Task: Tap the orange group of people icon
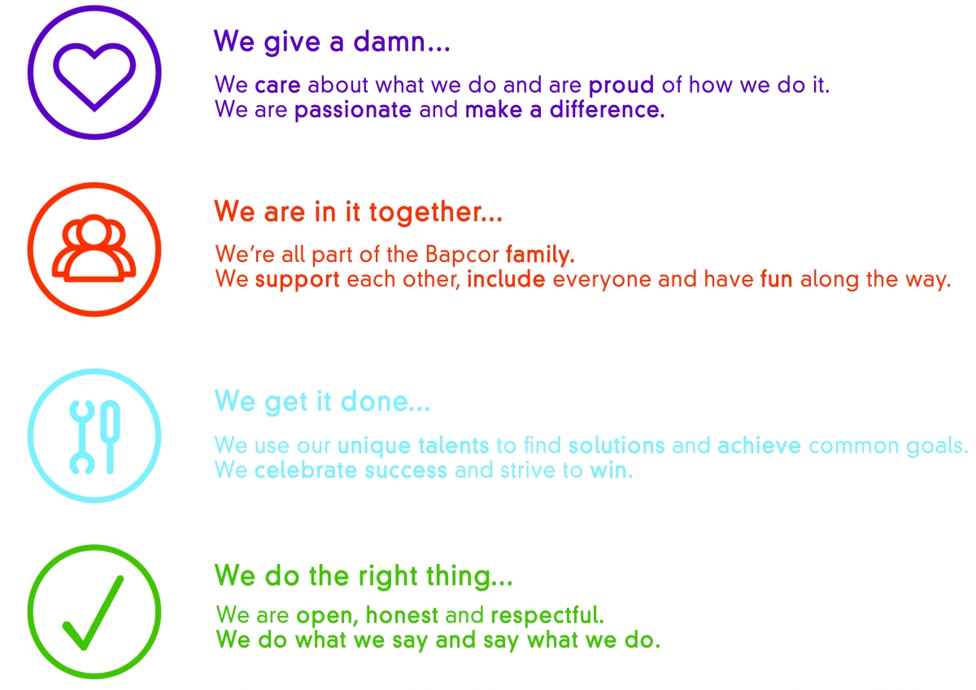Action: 94,249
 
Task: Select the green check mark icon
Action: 94,612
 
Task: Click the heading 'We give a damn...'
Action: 332,41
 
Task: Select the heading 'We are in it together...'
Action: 358,212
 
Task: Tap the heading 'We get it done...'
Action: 322,401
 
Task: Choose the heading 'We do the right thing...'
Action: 364,576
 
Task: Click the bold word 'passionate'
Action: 353,111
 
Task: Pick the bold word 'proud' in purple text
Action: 622,85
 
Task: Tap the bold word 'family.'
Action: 540,255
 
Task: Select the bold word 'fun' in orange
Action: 777,281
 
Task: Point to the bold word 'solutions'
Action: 617,446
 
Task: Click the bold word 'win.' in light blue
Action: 611,471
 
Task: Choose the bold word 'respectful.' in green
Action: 547,615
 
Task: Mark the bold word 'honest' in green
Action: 403,615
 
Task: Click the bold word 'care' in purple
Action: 277,85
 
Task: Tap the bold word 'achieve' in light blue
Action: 760,446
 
